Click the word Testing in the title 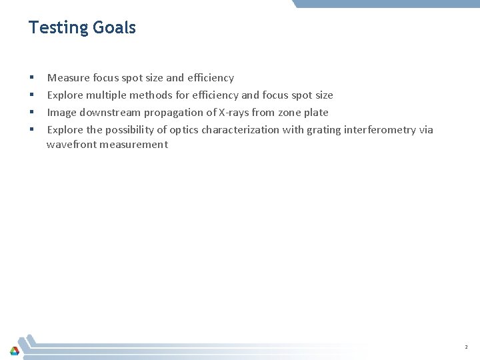point(58,27)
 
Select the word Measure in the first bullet point(69,78)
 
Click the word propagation point(175,113)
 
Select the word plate point(316,113)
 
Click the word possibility point(127,130)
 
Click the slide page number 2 point(467,347)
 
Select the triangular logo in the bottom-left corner point(14,351)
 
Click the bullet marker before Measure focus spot point(31,79)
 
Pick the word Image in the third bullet point(61,113)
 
